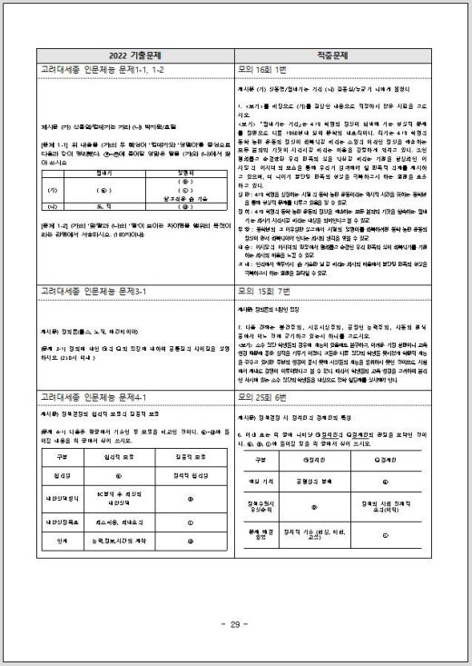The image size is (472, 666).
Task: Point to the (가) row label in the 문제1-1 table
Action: (x=52, y=192)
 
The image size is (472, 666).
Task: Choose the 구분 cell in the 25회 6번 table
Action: (x=262, y=460)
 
